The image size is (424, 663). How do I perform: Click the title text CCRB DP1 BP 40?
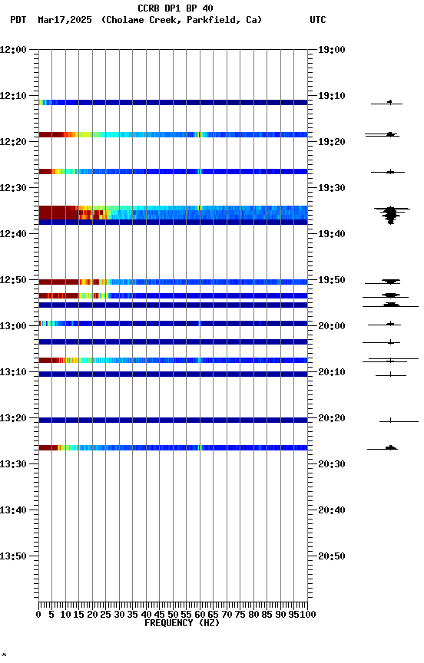pyautogui.click(x=175, y=8)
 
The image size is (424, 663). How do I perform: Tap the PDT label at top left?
pyautogui.click(x=18, y=20)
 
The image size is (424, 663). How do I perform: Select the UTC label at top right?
pyautogui.click(x=317, y=20)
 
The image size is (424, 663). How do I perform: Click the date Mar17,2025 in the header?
pyautogui.click(x=65, y=20)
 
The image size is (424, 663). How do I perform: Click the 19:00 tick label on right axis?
pyautogui.click(x=331, y=50)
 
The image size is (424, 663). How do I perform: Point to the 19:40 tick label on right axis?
pyautogui.click(x=331, y=234)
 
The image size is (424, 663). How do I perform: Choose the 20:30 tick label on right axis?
pyautogui.click(x=331, y=464)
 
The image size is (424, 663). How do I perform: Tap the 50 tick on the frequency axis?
pyautogui.click(x=174, y=614)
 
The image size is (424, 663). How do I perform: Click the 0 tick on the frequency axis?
pyautogui.click(x=39, y=614)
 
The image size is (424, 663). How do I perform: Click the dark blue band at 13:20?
pyautogui.click(x=173, y=420)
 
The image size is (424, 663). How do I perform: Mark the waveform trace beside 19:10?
pyautogui.click(x=389, y=102)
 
